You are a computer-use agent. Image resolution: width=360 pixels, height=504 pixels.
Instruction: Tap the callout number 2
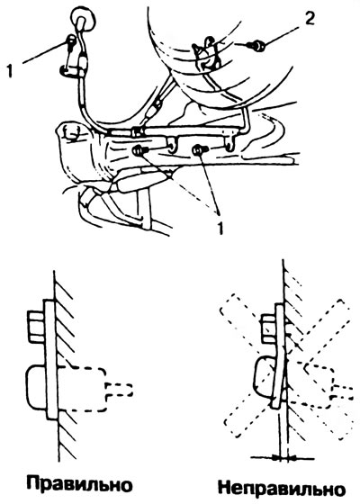310,19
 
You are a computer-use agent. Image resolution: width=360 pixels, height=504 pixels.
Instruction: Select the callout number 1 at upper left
10,71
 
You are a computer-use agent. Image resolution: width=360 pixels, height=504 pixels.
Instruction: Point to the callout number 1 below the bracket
220,229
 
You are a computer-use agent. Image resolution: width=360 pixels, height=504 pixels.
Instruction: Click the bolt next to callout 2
257,46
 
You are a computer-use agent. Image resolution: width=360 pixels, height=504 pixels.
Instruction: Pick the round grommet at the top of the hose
85,19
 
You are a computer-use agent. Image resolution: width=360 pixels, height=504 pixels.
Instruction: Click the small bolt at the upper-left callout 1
71,40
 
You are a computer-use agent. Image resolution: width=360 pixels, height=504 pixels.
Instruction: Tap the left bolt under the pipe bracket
140,150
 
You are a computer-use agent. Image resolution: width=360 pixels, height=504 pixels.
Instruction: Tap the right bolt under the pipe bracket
199,149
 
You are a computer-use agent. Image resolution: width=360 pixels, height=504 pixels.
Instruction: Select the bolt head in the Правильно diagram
35,328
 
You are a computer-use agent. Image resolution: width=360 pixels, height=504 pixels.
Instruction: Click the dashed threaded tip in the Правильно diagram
119,389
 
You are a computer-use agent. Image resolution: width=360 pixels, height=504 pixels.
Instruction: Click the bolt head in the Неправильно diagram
269,328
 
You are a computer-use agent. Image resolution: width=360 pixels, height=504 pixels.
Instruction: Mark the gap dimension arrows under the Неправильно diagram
283,457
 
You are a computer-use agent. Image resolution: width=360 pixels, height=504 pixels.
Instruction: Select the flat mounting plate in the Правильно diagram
49,360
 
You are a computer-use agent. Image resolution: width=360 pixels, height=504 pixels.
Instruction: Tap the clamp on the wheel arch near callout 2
207,54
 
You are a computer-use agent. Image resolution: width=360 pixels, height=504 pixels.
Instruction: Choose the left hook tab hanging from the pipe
173,143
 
